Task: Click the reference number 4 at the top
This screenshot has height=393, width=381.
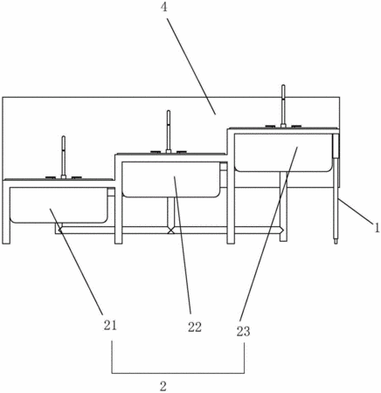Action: [x=164, y=7]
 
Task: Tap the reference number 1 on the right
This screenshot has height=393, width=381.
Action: [x=378, y=227]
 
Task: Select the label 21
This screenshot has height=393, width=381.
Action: [x=110, y=325]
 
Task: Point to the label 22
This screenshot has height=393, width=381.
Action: [x=195, y=327]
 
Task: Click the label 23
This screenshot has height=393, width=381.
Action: [x=243, y=331]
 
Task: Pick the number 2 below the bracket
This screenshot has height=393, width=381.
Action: [x=163, y=386]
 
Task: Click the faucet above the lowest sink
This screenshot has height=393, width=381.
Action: [x=64, y=157]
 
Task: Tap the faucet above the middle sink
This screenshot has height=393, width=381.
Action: [x=169, y=132]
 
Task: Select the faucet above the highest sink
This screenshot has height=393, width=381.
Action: [x=283, y=106]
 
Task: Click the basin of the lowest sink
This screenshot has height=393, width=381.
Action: [x=59, y=205]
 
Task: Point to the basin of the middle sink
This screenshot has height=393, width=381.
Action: [x=171, y=180]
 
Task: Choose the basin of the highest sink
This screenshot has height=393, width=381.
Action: [x=283, y=153]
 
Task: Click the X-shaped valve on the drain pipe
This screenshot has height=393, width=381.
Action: [x=171, y=231]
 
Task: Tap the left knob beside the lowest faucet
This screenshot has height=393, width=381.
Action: [x=50, y=177]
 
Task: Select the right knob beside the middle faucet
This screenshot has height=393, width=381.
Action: [x=182, y=152]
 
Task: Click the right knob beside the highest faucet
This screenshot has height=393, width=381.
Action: [x=296, y=126]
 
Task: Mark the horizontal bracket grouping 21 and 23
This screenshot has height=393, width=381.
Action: [x=178, y=373]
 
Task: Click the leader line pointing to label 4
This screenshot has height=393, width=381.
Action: [x=191, y=66]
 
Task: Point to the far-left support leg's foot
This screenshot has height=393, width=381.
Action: [x=6, y=241]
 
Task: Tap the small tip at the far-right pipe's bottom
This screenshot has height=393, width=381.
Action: [x=336, y=241]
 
